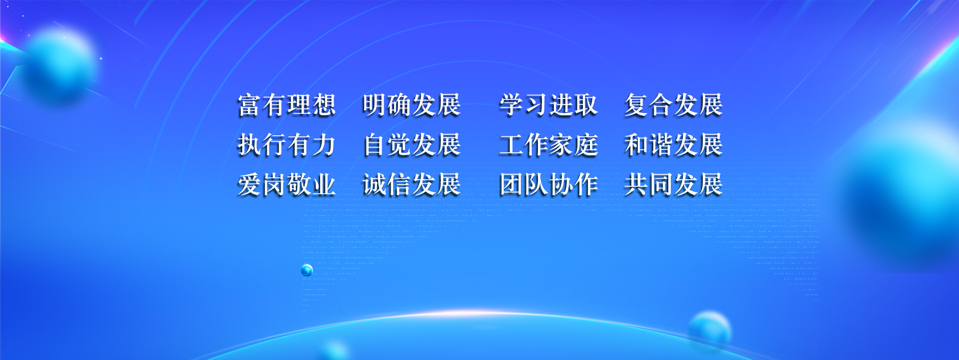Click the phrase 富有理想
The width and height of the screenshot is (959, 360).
tap(287, 105)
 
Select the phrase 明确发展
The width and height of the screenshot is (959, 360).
tap(412, 105)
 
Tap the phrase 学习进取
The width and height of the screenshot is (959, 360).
tap(548, 105)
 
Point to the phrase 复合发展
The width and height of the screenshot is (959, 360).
tap(673, 105)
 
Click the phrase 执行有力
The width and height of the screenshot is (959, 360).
tap(287, 145)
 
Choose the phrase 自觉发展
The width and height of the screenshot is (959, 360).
tap(412, 145)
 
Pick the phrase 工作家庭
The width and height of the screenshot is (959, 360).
tap(548, 145)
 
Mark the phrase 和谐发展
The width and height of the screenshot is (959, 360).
tap(673, 145)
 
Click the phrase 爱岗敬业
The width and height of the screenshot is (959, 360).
tap(287, 185)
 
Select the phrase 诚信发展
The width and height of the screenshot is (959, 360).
tap(412, 185)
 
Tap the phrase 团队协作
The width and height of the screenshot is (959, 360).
tap(548, 185)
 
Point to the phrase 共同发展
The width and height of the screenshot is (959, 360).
tap(673, 185)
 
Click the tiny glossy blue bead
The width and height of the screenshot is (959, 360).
tap(307, 270)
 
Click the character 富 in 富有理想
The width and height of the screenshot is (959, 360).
tap(250, 105)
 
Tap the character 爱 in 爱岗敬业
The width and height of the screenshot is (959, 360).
tap(250, 185)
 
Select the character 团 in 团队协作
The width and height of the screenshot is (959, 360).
tap(511, 185)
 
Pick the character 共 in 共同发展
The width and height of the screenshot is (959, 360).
tap(636, 185)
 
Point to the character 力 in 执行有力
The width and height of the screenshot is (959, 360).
tap(324, 145)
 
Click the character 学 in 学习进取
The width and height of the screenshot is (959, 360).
tap(511, 105)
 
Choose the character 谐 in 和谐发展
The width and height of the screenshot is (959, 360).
tap(661, 145)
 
